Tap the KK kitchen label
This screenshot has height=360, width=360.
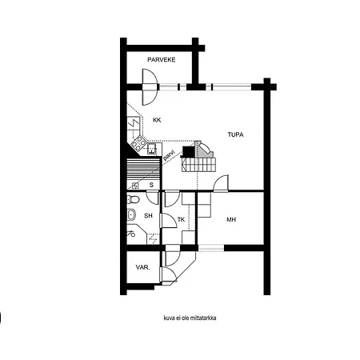click(x=157, y=120)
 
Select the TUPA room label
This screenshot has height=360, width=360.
click(x=235, y=134)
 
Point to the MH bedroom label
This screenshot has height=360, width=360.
click(x=231, y=219)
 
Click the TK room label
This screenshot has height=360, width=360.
click(x=181, y=219)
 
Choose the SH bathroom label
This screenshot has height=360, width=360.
click(x=148, y=215)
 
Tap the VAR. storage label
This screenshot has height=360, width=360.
click(x=143, y=267)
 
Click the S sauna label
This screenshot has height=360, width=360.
click(x=150, y=185)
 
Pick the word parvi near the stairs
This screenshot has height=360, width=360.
click(x=169, y=155)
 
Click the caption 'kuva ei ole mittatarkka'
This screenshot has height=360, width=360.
click(x=190, y=318)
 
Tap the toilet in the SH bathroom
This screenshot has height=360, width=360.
click(x=134, y=199)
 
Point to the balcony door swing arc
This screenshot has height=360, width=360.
click(x=149, y=90)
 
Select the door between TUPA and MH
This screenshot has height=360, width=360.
click(x=221, y=184)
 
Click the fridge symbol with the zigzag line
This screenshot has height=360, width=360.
click(x=133, y=125)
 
